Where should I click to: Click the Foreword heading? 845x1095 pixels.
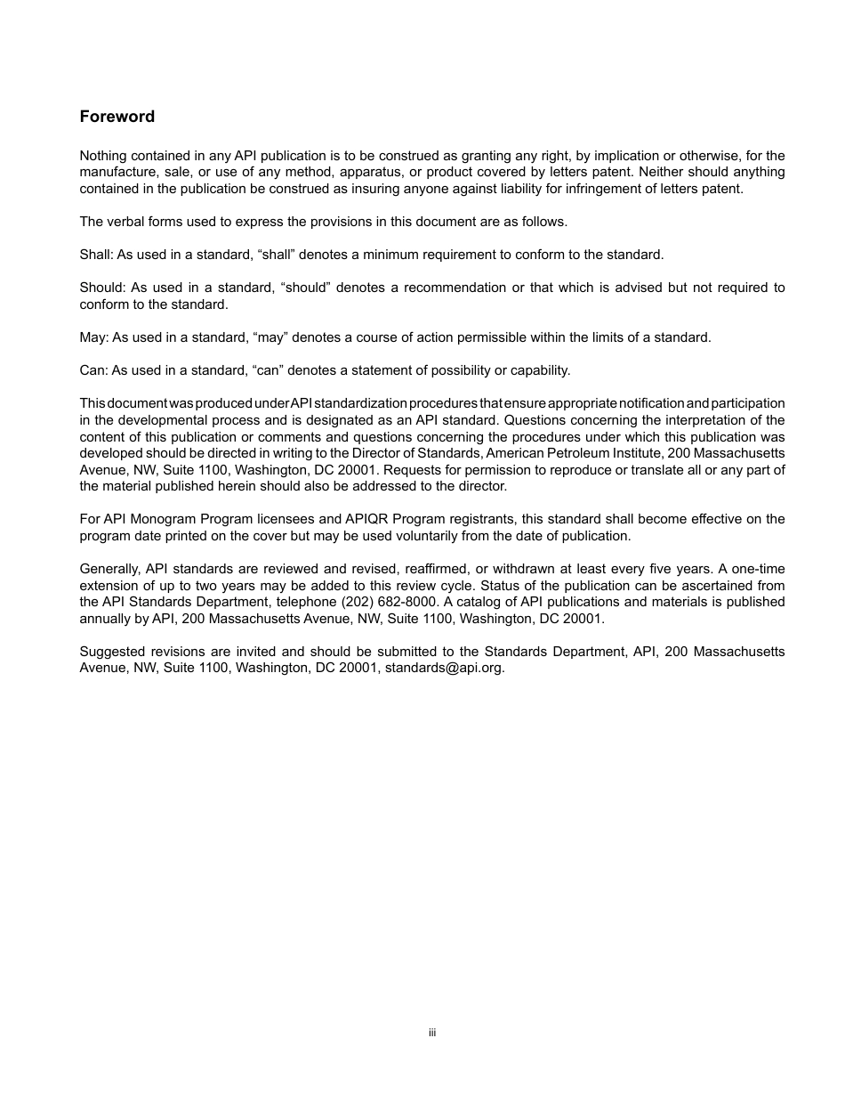coord(117,117)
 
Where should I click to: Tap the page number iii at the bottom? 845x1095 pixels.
coord(431,1033)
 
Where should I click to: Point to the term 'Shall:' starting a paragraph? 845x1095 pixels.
coord(95,255)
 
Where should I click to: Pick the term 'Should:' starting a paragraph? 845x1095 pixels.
coord(101,288)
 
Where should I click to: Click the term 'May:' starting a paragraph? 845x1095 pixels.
coord(93,337)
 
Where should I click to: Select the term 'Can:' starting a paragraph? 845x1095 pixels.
coord(93,370)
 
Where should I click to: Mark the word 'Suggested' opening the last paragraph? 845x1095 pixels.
coord(110,652)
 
